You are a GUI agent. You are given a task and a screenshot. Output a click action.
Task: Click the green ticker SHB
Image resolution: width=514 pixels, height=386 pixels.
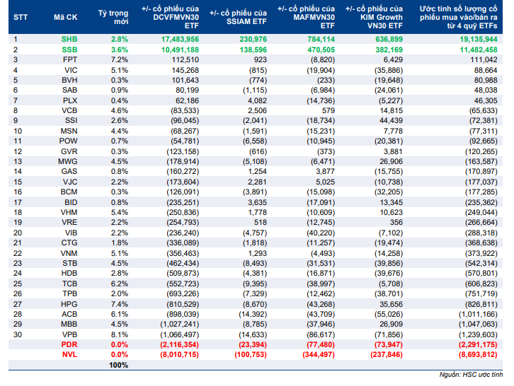pyautogui.click(x=69, y=40)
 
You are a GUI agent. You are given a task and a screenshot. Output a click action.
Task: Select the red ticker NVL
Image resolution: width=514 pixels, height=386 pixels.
pyautogui.click(x=69, y=355)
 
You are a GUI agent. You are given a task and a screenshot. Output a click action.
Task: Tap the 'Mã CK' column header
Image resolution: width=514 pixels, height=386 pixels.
pyautogui.click(x=66, y=18)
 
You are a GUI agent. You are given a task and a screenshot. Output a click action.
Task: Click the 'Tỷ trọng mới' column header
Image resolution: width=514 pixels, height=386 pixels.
pyautogui.click(x=113, y=18)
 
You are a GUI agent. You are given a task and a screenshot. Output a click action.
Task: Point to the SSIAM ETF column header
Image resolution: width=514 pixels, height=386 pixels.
pyautogui.click(x=238, y=18)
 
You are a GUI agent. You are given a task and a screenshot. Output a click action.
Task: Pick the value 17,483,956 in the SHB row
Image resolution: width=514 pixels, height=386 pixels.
pyautogui.click(x=180, y=40)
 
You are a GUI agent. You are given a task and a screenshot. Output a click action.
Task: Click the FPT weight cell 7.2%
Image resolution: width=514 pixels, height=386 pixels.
pyautogui.click(x=120, y=59)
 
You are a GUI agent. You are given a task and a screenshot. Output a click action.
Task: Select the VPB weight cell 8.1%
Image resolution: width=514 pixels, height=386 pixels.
pyautogui.click(x=120, y=334)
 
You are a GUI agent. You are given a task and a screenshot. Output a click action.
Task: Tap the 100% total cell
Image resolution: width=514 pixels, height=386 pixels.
pyautogui.click(x=119, y=365)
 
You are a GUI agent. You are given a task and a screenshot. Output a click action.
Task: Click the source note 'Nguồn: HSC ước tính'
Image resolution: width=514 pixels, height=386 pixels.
pyautogui.click(x=471, y=375)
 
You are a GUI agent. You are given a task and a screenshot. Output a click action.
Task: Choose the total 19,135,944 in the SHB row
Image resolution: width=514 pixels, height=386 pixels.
pyautogui.click(x=479, y=40)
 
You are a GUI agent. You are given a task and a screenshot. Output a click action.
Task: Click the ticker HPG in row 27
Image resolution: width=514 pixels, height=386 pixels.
pyautogui.click(x=69, y=304)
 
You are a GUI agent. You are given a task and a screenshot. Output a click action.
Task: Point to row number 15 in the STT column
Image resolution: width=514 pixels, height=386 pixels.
pyautogui.click(x=18, y=182)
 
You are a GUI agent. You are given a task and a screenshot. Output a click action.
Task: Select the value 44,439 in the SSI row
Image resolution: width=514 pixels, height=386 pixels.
pyautogui.click(x=391, y=120)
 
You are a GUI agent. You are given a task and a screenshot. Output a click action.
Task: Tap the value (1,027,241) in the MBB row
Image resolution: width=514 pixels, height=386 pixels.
pyautogui.click(x=179, y=324)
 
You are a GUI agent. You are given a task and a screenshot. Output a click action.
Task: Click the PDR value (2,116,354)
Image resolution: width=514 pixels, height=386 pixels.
pyautogui.click(x=179, y=344)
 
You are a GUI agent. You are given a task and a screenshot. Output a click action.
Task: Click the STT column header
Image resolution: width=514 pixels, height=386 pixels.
pyautogui.click(x=21, y=18)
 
